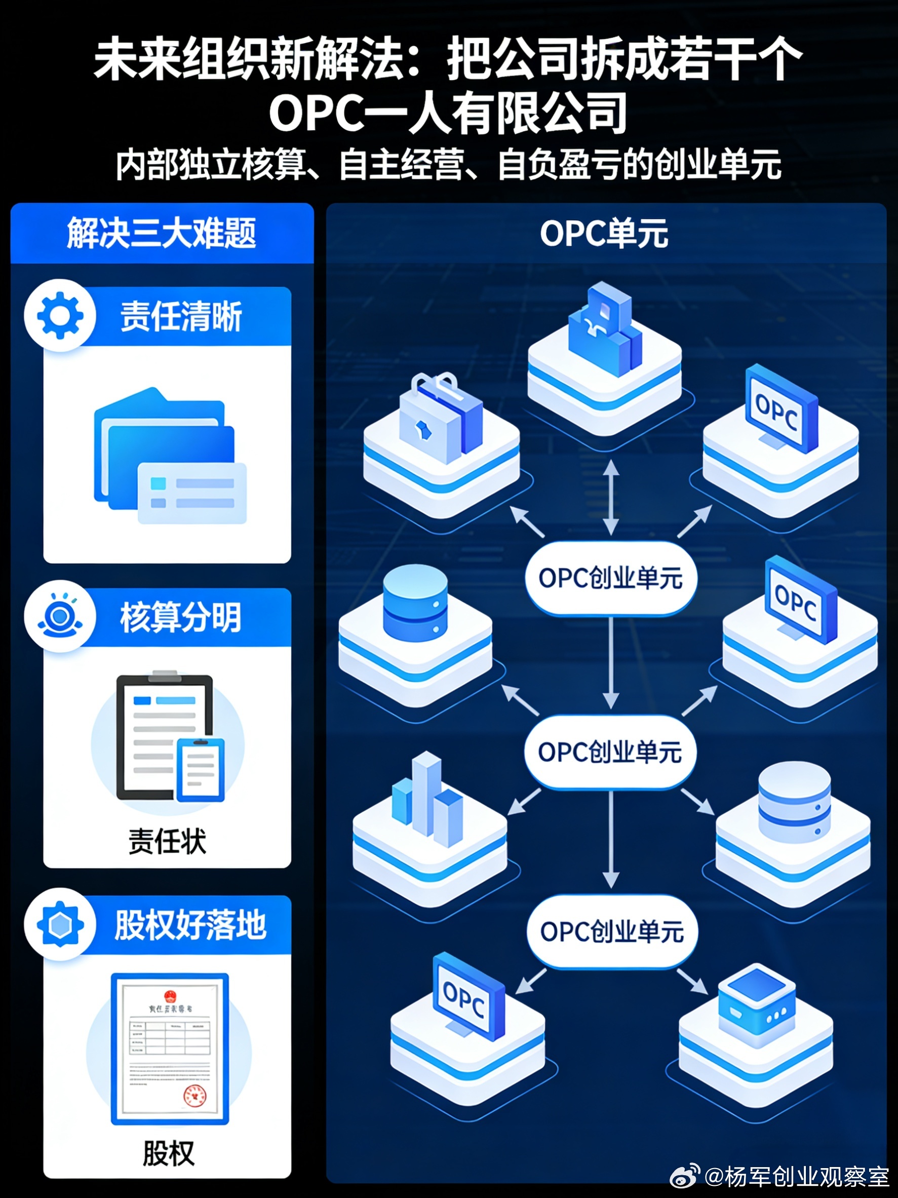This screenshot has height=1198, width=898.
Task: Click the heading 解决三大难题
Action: click(x=161, y=234)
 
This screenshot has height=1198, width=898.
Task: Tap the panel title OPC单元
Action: click(x=604, y=234)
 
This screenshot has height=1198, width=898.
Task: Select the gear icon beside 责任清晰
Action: click(x=60, y=315)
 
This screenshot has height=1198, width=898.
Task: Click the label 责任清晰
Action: click(x=181, y=316)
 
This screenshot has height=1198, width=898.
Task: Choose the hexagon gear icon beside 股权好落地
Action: click(x=60, y=925)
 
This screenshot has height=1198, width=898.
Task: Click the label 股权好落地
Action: click(x=190, y=925)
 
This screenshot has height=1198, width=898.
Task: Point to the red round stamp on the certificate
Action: click(x=194, y=1095)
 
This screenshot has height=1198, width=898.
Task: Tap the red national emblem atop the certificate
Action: click(x=170, y=995)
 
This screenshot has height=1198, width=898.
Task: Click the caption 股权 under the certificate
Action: click(x=168, y=1153)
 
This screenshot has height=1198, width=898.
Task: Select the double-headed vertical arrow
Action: click(x=611, y=497)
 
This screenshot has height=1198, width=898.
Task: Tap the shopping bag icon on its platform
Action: click(x=440, y=417)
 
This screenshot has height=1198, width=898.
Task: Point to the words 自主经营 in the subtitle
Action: click(x=402, y=165)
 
